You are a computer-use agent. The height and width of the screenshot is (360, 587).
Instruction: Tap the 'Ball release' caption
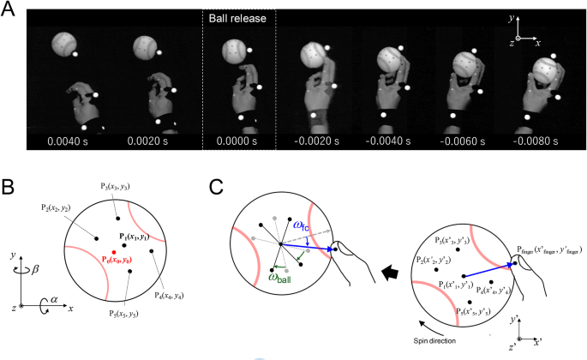[x=238, y=17]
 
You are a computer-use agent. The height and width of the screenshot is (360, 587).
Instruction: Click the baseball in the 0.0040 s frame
[x=64, y=45]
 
